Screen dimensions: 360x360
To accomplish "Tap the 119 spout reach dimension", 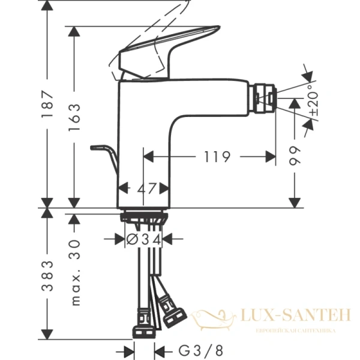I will coord(217,157).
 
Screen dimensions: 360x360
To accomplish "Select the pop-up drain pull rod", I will coord(103,155).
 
